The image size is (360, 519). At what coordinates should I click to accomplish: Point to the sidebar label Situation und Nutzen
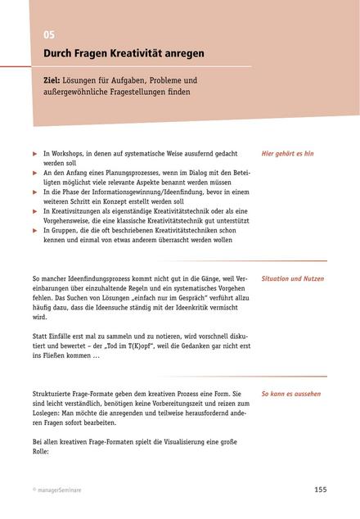[x=291, y=279]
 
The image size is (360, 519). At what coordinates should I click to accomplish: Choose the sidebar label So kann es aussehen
[x=290, y=394]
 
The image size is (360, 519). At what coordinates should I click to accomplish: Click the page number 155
[x=320, y=489]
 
